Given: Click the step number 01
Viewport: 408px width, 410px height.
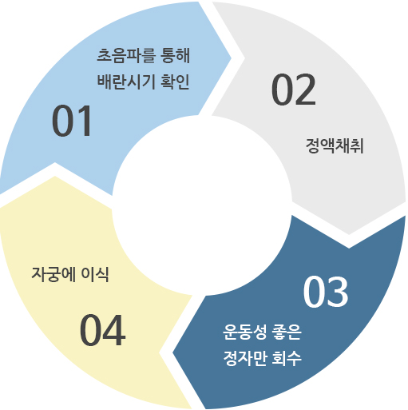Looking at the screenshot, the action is click(72, 121).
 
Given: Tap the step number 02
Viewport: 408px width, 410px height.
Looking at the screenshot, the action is click(294, 89).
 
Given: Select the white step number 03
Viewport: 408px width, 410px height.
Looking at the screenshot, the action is click(326, 292).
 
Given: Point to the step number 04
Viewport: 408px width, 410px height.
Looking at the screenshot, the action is click(102, 329).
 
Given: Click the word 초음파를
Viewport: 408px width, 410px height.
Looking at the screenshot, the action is click(126, 55).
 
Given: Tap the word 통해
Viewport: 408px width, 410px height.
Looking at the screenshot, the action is click(176, 55).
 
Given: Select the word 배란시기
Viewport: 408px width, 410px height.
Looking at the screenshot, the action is click(126, 82).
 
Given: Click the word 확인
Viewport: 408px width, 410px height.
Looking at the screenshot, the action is click(175, 82).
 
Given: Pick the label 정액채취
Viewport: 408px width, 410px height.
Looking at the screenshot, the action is click(335, 145).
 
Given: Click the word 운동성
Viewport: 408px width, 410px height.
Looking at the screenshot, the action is click(244, 332).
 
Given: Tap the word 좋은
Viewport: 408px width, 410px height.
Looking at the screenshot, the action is click(287, 332).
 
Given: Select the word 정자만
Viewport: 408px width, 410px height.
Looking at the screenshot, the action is click(244, 358).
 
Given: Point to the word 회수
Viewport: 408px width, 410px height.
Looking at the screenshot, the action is click(287, 358).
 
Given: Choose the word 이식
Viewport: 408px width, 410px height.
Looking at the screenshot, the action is click(95, 274).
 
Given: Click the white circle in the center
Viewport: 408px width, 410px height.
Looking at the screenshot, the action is click(202, 205).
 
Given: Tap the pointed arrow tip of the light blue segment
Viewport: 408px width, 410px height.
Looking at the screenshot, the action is click(231, 58).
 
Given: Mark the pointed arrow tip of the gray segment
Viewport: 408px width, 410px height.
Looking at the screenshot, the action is click(349, 234).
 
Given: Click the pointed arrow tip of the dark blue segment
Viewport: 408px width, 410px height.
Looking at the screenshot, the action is click(173, 353).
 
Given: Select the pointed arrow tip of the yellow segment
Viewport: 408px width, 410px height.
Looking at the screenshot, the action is click(55, 176).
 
